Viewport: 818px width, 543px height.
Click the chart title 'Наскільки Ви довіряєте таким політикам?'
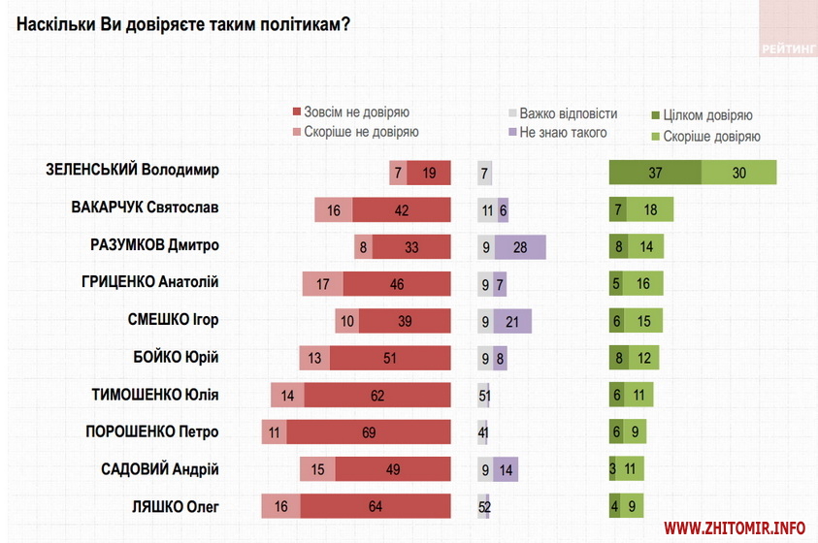[183, 22]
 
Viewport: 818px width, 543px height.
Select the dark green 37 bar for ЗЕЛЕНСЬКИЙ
[655, 172]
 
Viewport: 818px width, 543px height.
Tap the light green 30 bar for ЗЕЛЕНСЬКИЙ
[738, 172]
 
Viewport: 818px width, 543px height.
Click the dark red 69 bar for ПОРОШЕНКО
[369, 432]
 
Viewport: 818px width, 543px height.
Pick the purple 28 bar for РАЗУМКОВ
[520, 246]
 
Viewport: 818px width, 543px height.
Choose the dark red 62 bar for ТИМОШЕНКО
[377, 395]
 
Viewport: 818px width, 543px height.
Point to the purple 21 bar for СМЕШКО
[512, 321]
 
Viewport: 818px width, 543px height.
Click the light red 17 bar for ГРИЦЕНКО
[323, 283]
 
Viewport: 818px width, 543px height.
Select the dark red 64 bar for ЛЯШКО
[375, 506]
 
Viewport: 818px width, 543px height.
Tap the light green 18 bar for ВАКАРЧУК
[649, 209]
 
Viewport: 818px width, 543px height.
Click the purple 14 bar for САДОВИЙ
[506, 469]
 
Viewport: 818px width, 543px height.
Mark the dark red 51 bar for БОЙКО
[390, 358]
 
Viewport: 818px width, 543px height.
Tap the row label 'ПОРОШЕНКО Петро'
[152, 431]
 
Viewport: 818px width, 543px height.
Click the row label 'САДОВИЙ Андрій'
[160, 469]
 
